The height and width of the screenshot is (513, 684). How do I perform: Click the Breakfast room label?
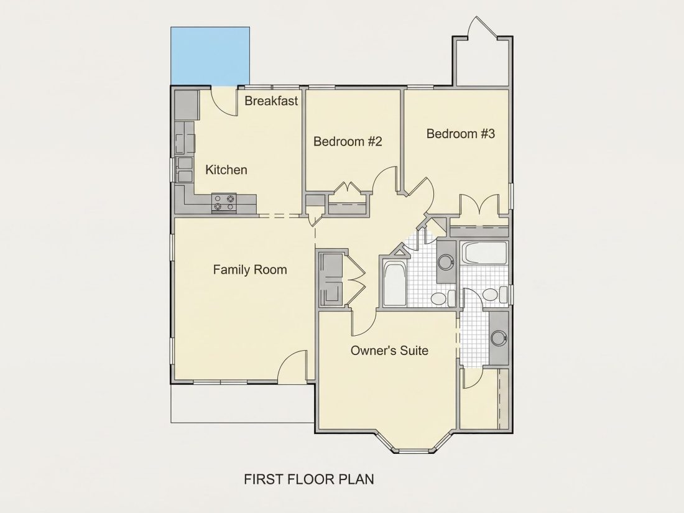click(x=271, y=101)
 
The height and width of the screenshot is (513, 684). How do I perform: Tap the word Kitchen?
click(x=226, y=170)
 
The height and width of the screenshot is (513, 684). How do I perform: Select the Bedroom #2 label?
click(x=348, y=141)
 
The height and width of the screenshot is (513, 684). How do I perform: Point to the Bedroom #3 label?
click(x=461, y=134)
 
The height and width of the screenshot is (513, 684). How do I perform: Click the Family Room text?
click(x=250, y=270)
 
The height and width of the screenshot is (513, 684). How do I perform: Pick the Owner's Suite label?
click(x=389, y=350)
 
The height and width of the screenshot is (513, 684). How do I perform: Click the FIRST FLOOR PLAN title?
click(x=309, y=479)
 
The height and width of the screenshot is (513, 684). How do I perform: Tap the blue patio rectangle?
click(x=210, y=55)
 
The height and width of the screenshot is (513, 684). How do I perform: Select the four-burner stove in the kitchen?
click(x=224, y=203)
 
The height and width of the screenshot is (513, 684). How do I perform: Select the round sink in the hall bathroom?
click(x=446, y=262)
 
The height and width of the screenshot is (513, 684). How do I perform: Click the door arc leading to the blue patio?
click(x=223, y=101)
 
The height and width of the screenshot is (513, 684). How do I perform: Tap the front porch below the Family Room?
click(x=242, y=403)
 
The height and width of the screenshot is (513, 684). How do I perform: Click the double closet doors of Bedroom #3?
click(x=479, y=204)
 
